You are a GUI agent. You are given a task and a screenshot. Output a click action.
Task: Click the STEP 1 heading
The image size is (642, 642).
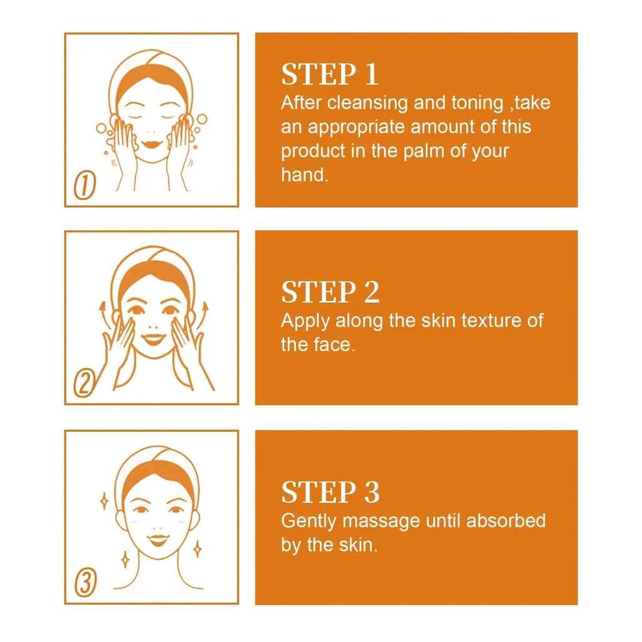point(330,75)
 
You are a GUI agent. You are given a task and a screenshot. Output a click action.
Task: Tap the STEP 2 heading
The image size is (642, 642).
point(330,293)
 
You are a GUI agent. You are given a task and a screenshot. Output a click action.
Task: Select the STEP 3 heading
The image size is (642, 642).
point(330,493)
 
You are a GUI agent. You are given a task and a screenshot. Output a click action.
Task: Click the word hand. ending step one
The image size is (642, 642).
point(304,175)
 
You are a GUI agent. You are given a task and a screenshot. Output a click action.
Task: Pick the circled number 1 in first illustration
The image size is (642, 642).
point(85,187)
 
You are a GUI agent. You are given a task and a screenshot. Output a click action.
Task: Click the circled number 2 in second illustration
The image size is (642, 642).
point(84,384)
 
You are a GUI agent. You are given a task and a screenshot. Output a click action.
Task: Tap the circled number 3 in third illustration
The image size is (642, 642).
point(85,584)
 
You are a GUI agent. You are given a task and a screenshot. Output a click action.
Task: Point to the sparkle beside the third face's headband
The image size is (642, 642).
point(104,500)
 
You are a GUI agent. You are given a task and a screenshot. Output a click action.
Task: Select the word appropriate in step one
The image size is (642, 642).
point(358,127)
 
